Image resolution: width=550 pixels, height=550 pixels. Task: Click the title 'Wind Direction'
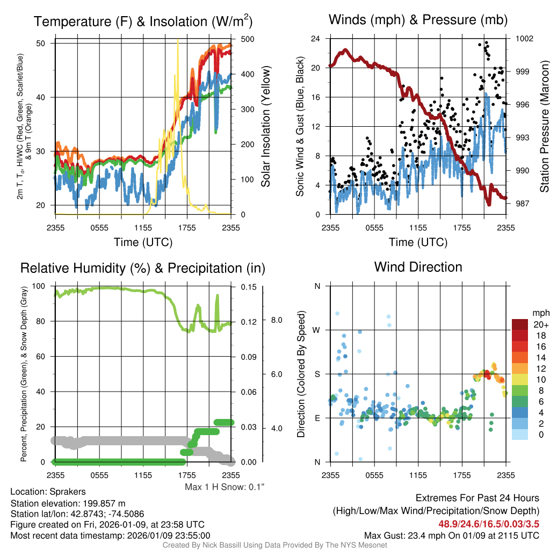click(x=418, y=267)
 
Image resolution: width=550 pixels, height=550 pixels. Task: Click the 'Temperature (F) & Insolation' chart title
click(x=143, y=21)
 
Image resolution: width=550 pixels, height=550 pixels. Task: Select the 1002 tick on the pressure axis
click(x=523, y=39)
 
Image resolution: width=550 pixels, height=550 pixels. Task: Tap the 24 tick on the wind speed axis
click(x=316, y=39)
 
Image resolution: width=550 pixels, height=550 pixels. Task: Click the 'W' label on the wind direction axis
click(x=317, y=330)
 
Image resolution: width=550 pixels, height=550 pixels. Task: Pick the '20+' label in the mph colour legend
click(x=541, y=324)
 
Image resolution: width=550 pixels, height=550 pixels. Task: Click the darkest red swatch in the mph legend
click(x=520, y=324)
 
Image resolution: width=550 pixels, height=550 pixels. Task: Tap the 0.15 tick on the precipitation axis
click(x=248, y=286)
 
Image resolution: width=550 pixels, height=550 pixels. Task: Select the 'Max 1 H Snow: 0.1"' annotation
click(x=225, y=487)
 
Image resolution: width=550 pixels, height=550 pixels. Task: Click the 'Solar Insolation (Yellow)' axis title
click(x=266, y=126)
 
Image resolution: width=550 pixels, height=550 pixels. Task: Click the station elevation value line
click(x=68, y=503)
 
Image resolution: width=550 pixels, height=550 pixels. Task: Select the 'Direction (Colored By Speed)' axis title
click(x=301, y=374)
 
